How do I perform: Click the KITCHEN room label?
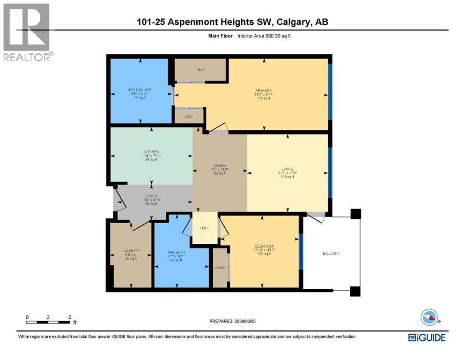tap(151, 152)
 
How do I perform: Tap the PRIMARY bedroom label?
tap(264, 90)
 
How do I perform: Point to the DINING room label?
tap(220, 165)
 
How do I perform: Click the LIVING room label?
tap(287, 169)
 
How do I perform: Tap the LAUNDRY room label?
tap(130, 251)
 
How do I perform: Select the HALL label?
tap(205, 228)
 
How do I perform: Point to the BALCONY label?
tap(331, 254)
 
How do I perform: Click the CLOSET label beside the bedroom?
tap(220, 268)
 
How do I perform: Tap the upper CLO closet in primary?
tap(200, 70)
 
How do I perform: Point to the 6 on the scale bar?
tap(70, 317)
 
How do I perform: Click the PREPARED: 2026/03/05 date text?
tap(233, 322)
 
